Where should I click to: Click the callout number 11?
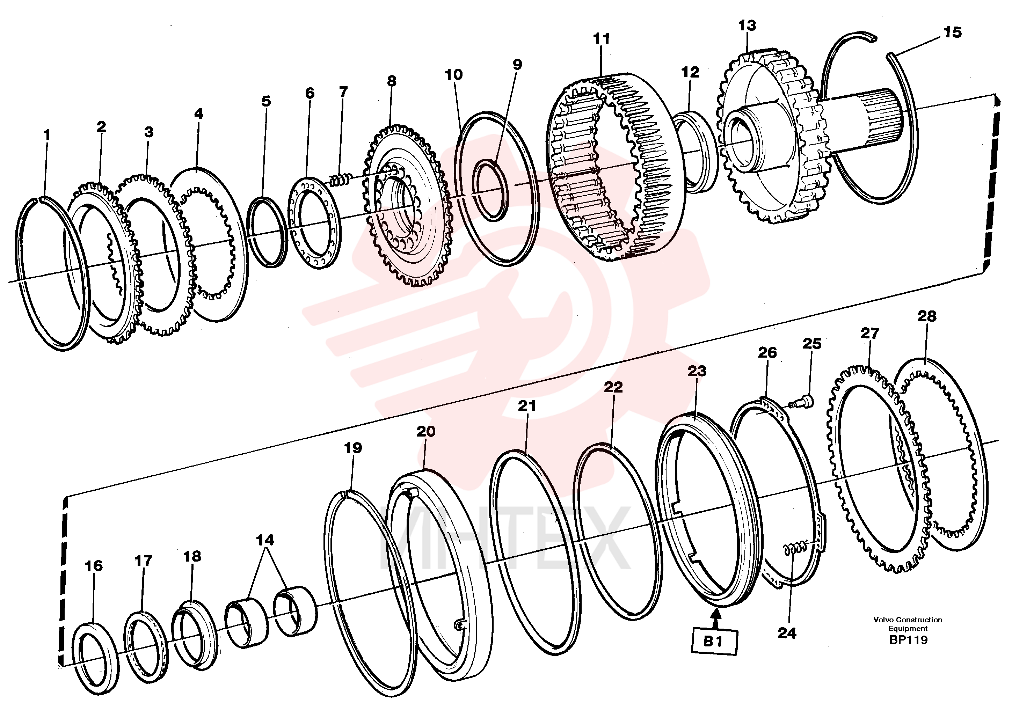(x=602, y=39)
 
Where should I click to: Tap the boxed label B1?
(x=713, y=642)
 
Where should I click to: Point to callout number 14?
(x=265, y=540)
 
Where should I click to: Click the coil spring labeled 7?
(x=341, y=179)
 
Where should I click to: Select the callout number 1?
(x=47, y=135)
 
